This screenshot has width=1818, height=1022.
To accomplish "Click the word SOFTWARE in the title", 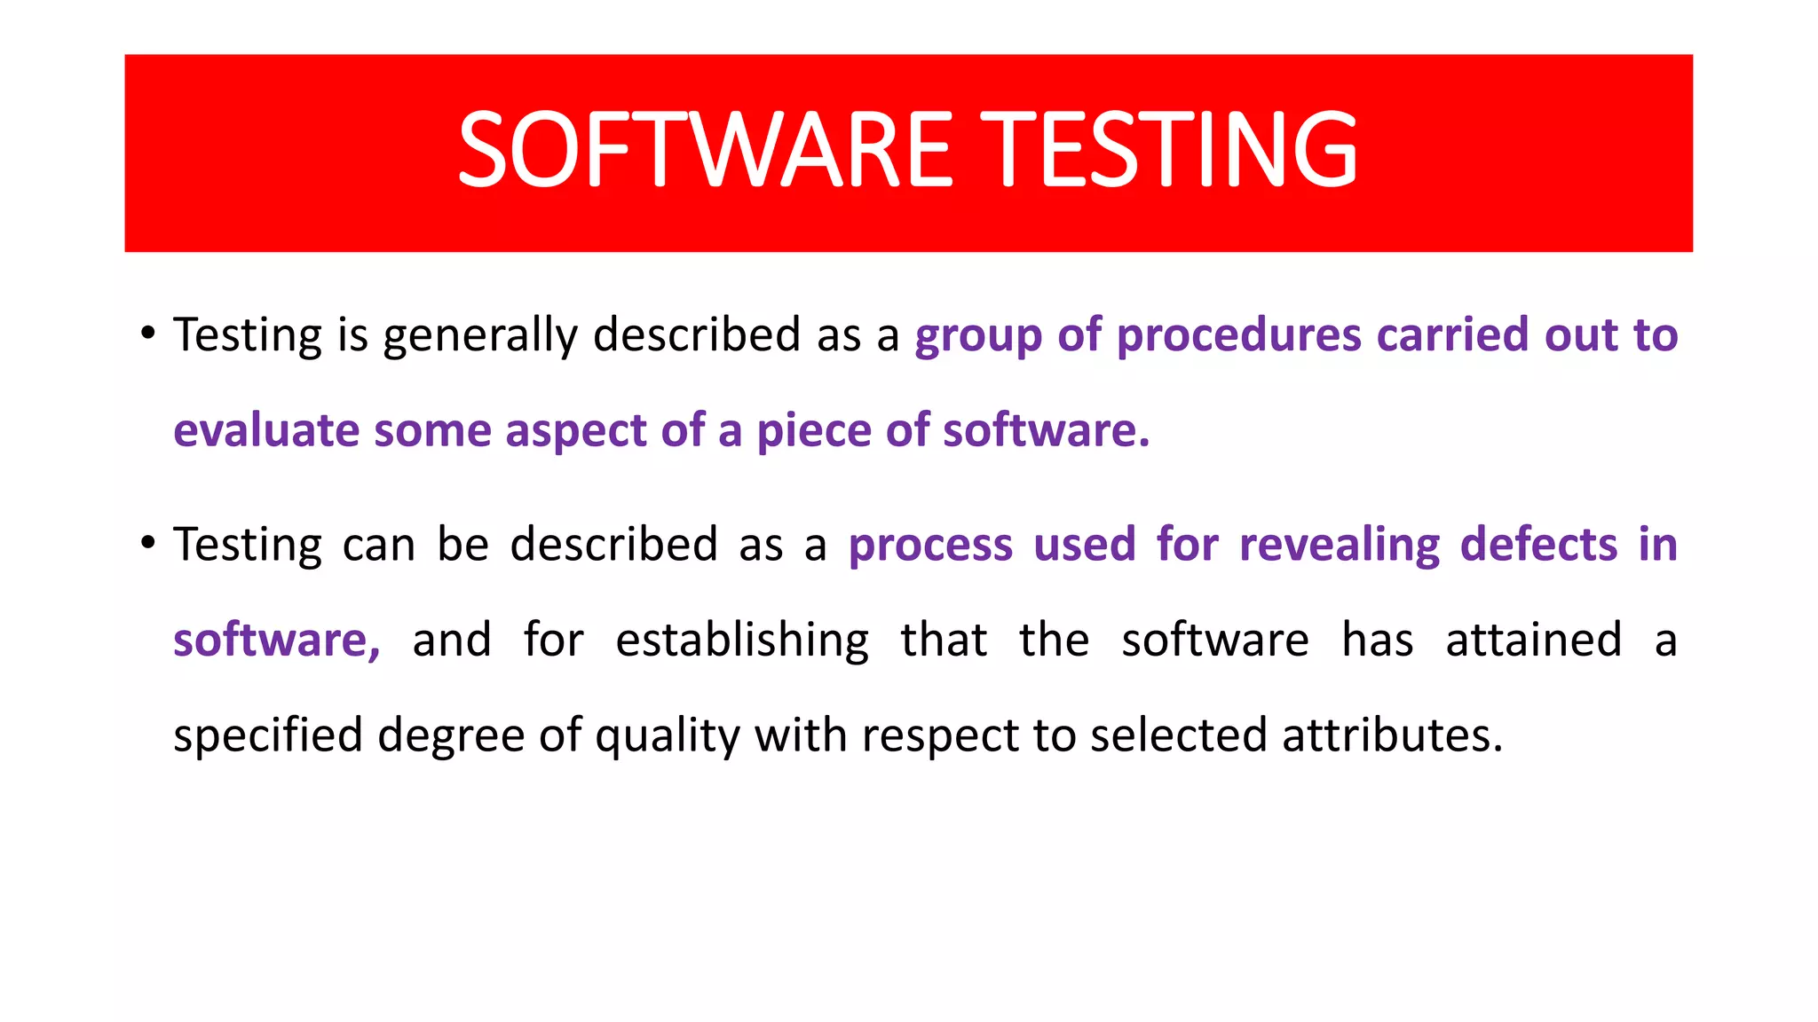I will (x=705, y=149).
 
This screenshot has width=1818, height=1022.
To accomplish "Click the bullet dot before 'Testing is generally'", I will (x=148, y=334).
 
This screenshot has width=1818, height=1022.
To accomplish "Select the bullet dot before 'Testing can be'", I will (x=148, y=543).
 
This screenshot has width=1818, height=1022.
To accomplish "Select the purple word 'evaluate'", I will (x=266, y=431).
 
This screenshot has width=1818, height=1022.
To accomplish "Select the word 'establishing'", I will (x=742, y=641).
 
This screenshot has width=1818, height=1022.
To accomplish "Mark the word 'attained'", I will (x=1533, y=640).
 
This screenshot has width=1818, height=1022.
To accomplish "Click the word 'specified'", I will (x=268, y=737).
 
